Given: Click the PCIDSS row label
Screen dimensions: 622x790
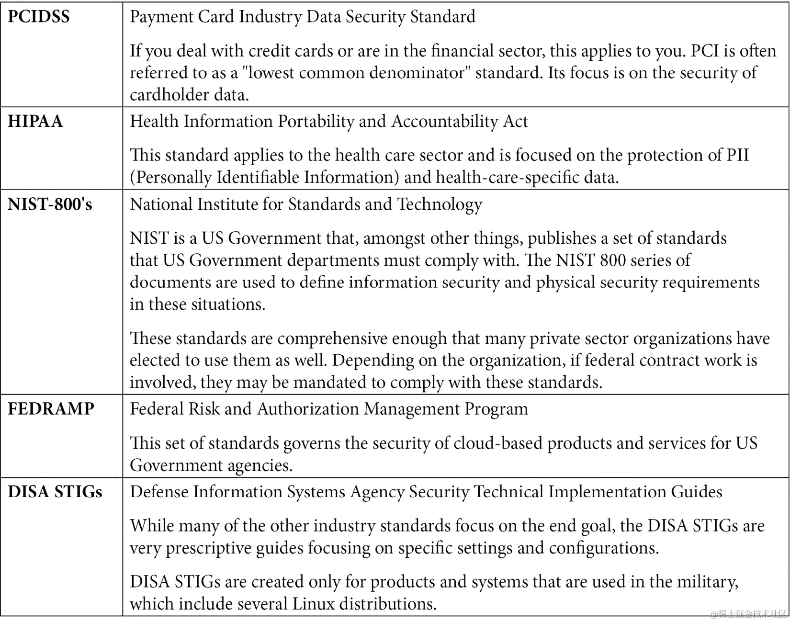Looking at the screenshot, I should pos(39,17).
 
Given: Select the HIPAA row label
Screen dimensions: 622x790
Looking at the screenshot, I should pos(35,121).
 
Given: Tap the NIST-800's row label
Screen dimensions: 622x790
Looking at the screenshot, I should pos(50,204).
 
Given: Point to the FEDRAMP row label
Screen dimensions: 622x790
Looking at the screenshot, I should pos(51,408).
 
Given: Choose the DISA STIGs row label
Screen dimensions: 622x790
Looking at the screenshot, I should pos(55,492).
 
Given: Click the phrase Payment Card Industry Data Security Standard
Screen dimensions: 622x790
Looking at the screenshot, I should pos(303,17).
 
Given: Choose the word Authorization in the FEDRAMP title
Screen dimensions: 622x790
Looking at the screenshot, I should pos(308,409).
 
